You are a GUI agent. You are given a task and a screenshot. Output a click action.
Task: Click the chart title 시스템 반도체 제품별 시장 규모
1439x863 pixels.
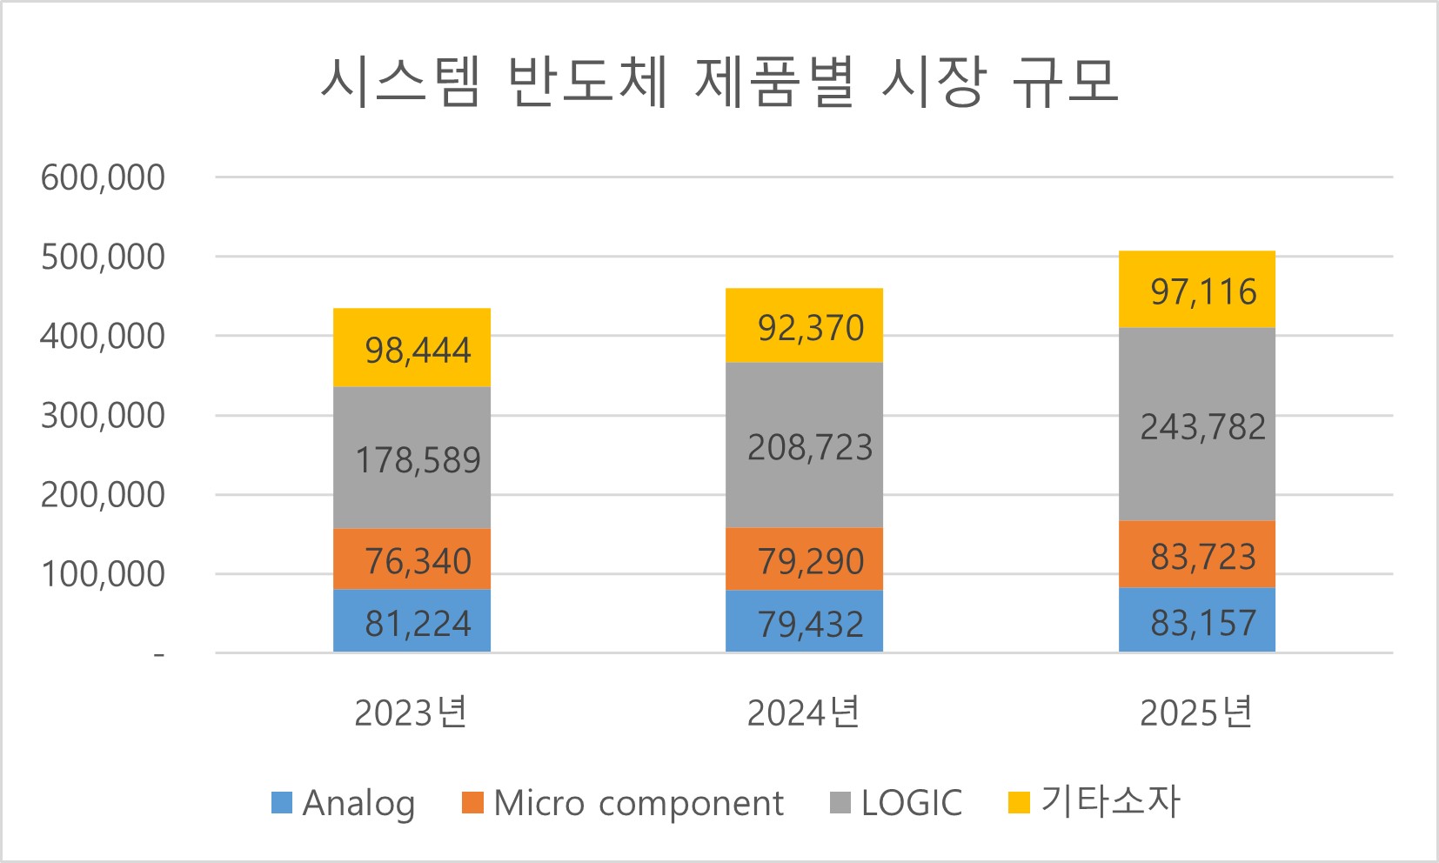719,83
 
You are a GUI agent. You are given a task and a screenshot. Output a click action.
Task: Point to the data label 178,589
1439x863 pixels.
418,460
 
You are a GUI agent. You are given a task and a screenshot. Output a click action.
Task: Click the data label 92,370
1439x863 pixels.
810,328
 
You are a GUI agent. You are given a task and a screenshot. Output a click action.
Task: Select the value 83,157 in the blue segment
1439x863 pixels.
1203,623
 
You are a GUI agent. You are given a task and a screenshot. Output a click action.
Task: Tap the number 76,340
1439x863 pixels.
418,561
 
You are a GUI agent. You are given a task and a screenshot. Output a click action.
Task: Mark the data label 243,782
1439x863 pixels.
1203,427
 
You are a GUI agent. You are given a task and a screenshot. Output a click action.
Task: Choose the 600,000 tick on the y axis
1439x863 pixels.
103,177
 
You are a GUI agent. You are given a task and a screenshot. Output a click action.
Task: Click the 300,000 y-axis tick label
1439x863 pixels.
103,416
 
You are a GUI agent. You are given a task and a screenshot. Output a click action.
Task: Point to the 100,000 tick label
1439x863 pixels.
103,574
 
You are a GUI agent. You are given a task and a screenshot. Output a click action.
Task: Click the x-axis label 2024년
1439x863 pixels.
803,712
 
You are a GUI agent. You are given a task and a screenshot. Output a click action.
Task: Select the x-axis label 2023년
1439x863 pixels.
411,712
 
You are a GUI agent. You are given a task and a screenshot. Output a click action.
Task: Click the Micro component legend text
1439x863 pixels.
638,803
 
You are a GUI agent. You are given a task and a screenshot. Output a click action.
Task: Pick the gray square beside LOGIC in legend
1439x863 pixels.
840,802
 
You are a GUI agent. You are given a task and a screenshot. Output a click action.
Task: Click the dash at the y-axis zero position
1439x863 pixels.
158,654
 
